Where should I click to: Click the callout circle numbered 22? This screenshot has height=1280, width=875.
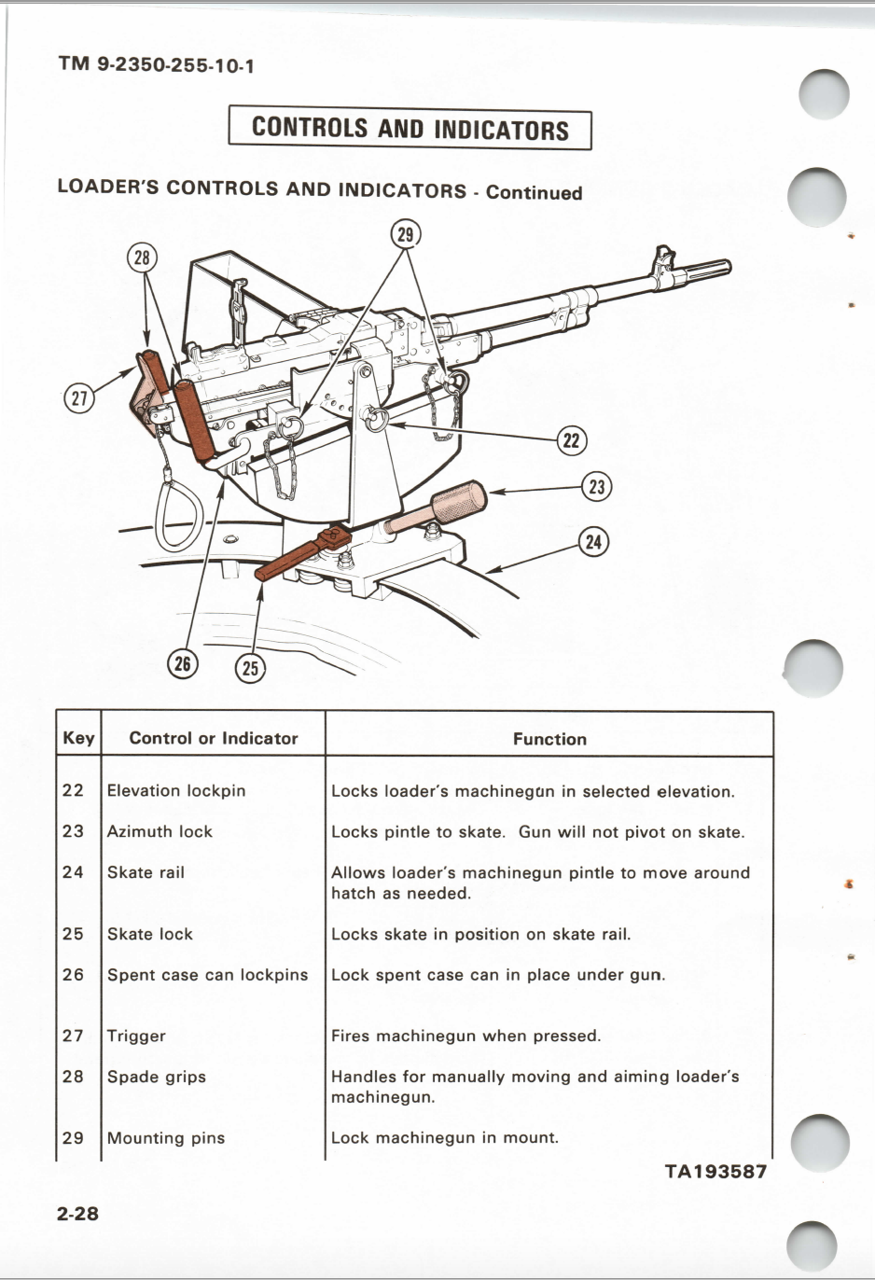571,440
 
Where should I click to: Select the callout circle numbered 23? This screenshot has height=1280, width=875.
597,486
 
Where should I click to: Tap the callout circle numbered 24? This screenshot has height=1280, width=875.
594,542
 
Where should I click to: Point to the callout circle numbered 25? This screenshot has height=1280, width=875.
250,668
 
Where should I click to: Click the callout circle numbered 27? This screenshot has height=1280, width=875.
78,398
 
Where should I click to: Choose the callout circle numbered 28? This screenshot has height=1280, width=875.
142,257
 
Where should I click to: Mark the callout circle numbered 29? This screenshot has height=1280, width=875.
405,233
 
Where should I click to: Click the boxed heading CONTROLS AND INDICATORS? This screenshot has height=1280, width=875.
410,129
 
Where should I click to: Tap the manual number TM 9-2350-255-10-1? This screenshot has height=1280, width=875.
156,64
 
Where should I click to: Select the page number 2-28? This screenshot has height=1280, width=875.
77,1213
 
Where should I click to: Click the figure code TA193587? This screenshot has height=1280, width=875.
715,1172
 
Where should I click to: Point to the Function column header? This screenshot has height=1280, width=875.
549,739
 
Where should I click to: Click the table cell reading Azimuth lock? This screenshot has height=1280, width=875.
160,831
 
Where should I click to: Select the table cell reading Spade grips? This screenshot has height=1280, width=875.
156,1077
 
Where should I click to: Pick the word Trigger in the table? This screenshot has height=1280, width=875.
136,1036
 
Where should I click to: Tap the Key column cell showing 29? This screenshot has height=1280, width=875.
73,1138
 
